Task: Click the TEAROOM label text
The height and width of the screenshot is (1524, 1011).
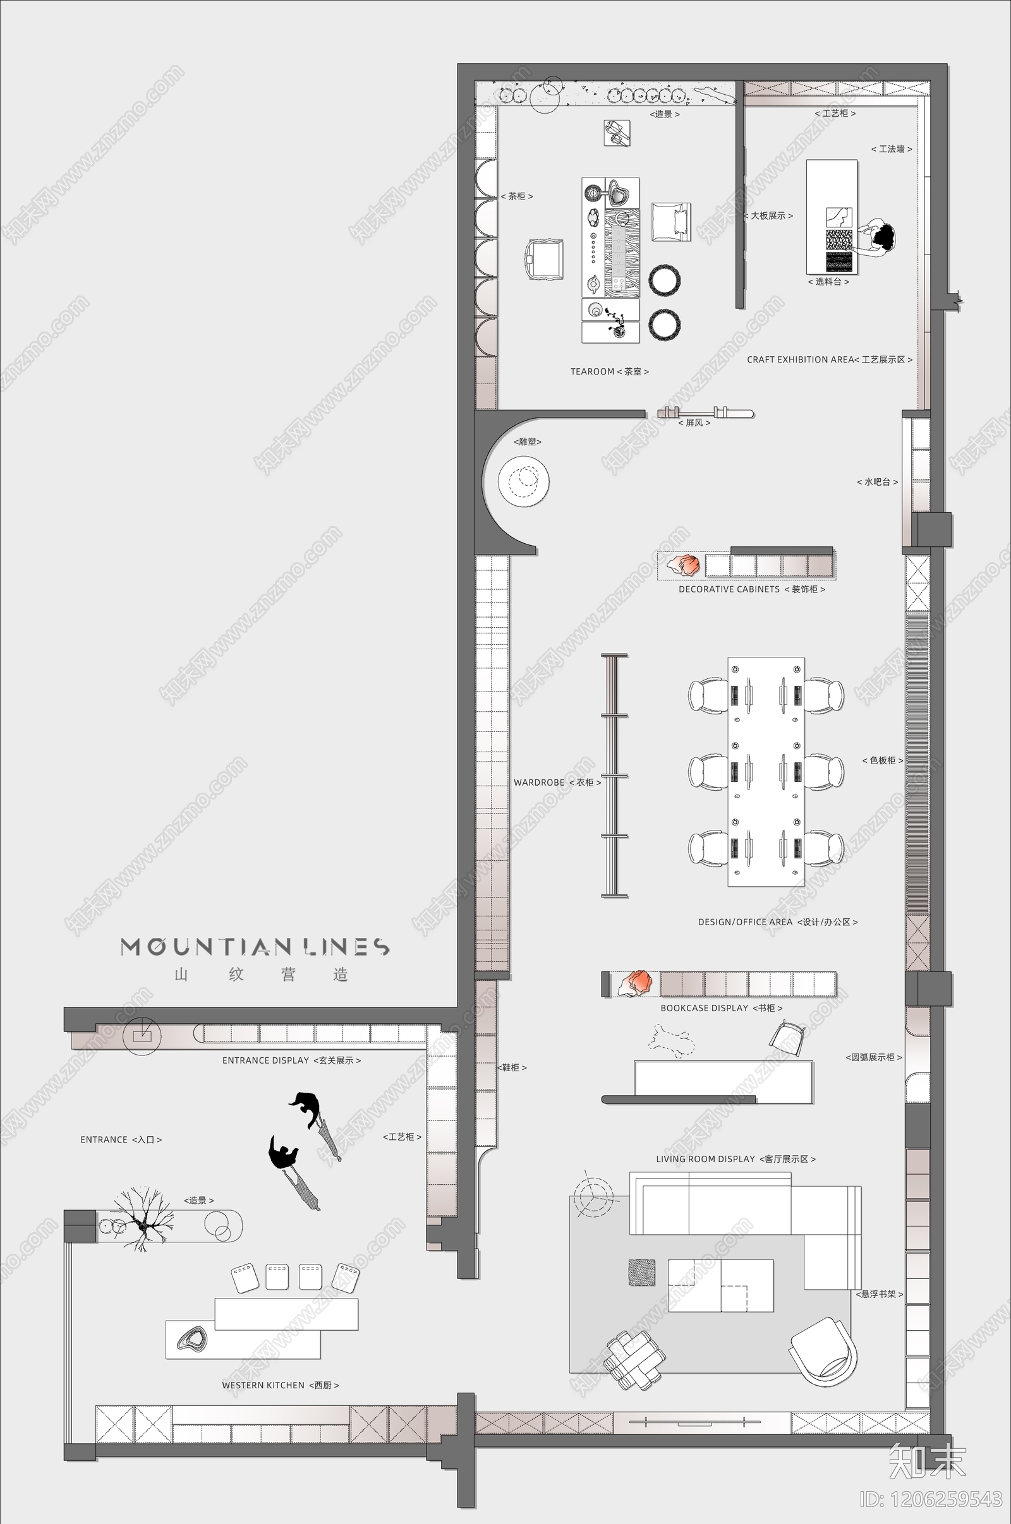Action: click(609, 372)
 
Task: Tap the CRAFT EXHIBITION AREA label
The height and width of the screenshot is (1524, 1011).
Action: click(829, 359)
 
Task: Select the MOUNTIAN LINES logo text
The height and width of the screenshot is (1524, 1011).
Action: click(255, 947)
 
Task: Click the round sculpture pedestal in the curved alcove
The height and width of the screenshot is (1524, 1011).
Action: click(523, 480)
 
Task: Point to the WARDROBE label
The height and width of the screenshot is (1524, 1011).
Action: click(557, 783)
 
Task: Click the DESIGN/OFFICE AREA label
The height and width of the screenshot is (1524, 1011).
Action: click(778, 922)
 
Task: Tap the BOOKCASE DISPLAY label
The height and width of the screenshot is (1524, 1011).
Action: click(722, 1008)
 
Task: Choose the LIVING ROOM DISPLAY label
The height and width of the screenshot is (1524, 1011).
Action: click(736, 1158)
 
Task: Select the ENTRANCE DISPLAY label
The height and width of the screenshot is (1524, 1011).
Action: click(291, 1060)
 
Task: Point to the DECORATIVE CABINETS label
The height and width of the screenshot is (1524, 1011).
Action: click(752, 589)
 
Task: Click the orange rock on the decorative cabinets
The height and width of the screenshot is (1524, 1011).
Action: click(684, 565)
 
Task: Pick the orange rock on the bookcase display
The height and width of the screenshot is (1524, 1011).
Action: click(636, 983)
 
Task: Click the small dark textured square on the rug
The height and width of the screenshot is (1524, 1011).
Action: click(641, 1272)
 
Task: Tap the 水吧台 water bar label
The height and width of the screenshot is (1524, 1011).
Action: click(877, 482)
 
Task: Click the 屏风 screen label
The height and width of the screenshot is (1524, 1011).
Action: click(694, 423)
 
